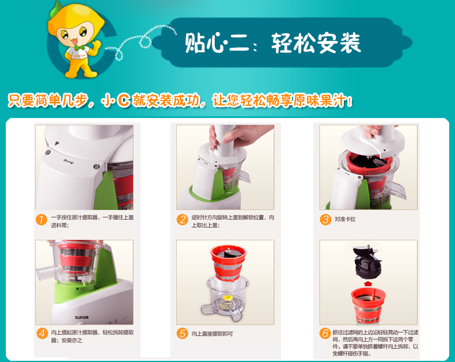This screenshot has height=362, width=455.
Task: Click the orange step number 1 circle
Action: (41, 219)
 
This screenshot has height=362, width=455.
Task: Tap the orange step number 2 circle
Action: (182, 219)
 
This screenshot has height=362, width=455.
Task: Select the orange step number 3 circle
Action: (325, 219)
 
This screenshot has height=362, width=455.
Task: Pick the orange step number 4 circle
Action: (43, 333)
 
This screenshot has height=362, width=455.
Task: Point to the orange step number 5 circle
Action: (182, 333)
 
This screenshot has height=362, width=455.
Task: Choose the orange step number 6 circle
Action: (325, 333)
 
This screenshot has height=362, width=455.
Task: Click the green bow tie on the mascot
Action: (79, 47)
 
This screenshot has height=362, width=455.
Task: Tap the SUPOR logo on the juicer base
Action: (82, 317)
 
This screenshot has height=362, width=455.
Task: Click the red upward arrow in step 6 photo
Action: (368, 283)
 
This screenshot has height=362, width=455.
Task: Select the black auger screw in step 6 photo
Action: (367, 262)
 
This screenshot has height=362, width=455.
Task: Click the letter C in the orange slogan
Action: (124, 101)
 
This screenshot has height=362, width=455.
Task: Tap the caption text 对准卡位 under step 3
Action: (345, 219)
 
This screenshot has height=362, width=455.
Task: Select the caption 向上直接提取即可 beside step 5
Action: (212, 334)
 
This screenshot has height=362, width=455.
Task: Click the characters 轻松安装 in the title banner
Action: (316, 43)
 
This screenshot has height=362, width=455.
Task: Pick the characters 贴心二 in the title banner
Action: (217, 43)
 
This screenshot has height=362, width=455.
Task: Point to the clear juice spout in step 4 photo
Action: (46, 273)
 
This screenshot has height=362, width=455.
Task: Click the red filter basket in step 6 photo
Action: (368, 304)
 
